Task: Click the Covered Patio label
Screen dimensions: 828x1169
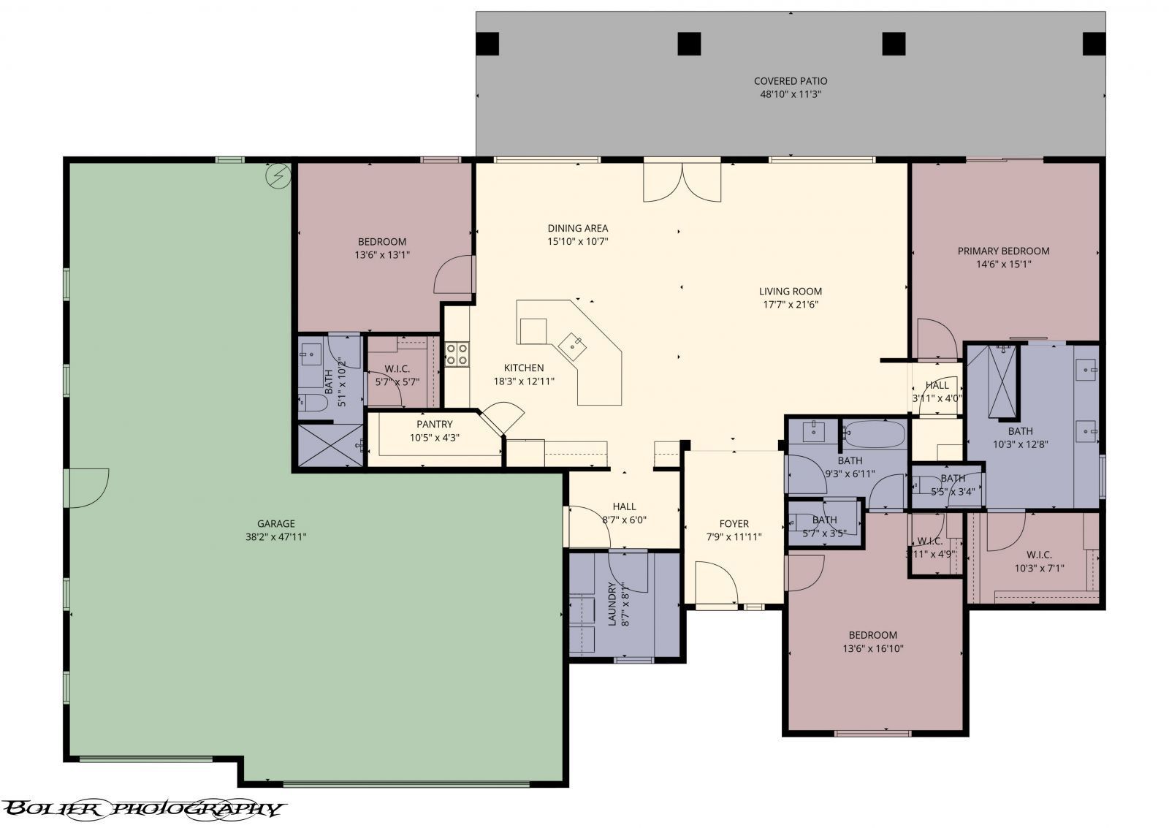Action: tap(790, 81)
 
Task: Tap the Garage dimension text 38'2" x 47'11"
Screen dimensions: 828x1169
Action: tap(275, 536)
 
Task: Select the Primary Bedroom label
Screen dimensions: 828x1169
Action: tap(1003, 251)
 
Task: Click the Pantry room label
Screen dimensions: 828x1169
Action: tap(434, 424)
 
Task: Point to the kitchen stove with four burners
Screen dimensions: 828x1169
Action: tap(457, 354)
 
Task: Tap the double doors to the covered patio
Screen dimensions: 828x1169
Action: tap(682, 182)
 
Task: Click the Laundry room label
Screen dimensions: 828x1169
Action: tap(613, 603)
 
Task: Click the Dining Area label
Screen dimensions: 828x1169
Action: tap(577, 228)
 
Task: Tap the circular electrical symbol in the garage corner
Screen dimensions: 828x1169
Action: tap(278, 175)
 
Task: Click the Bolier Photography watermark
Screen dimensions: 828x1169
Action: tap(142, 808)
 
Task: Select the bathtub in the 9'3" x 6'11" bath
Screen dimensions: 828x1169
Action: tap(874, 434)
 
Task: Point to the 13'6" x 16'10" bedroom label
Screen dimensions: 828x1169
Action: tap(872, 635)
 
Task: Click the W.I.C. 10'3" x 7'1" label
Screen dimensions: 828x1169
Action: tap(1038, 555)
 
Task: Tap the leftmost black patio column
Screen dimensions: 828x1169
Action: tap(487, 45)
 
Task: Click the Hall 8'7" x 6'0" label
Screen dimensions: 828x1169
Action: tap(624, 506)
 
